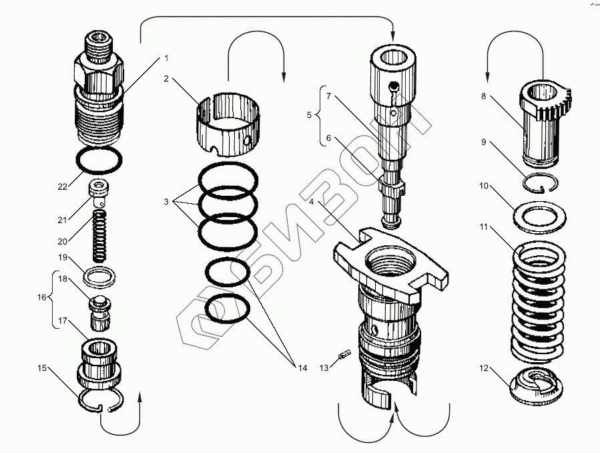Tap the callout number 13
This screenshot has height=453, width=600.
point(324,367)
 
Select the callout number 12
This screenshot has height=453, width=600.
point(483,367)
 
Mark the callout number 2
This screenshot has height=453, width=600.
point(166,79)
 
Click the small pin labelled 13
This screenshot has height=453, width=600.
point(343,356)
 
